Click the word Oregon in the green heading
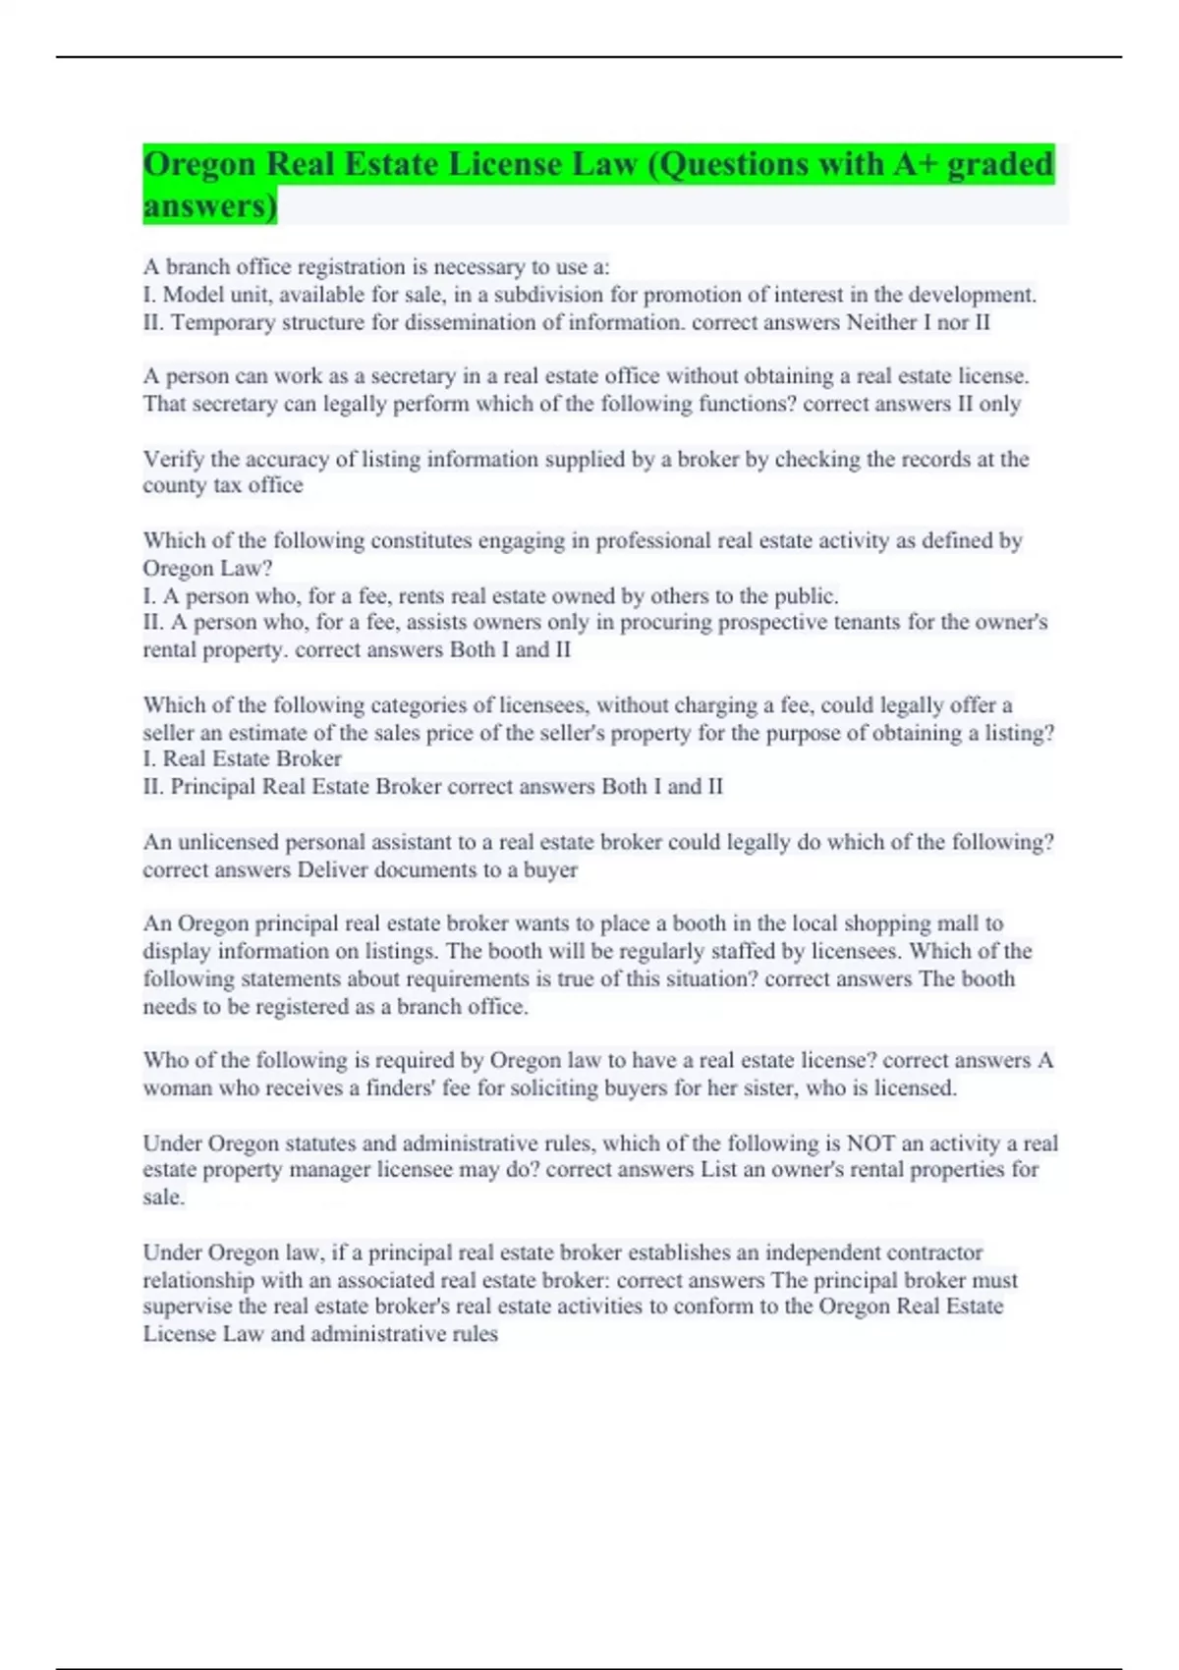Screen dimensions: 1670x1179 pos(199,164)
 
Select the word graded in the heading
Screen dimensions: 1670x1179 pos(1000,164)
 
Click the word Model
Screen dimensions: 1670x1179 pos(193,295)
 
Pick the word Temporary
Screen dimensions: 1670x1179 pos(223,322)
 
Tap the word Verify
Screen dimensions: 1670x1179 pos(173,459)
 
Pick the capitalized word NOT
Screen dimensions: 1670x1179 pos(870,1143)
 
